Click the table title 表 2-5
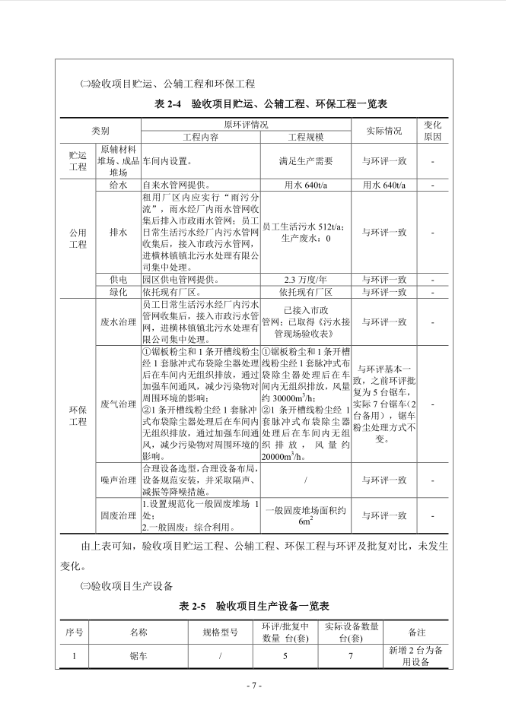pyautogui.click(x=254, y=607)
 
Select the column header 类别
pyautogui.click(x=100, y=130)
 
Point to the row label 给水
pyautogui.click(x=118, y=185)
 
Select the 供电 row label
pyautogui.click(x=118, y=280)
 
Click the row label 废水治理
pyautogui.click(x=118, y=322)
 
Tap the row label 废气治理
pyautogui.click(x=118, y=403)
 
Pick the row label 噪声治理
pyautogui.click(x=118, y=480)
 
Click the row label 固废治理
pyautogui.click(x=118, y=515)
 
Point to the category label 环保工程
pyautogui.click(x=78, y=415)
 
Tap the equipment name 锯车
pyautogui.click(x=138, y=654)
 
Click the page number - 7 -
pyautogui.click(x=254, y=685)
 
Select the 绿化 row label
pyautogui.click(x=118, y=292)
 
